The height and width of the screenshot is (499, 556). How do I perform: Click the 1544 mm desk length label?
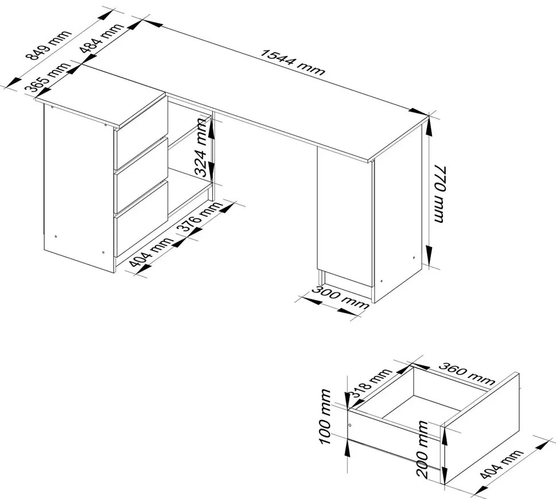[293, 63]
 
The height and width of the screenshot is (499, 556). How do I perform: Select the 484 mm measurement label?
[102, 38]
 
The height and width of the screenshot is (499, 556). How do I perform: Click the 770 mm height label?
[439, 193]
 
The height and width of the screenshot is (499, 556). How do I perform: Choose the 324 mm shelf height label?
[201, 147]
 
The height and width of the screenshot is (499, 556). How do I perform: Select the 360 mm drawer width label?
[466, 373]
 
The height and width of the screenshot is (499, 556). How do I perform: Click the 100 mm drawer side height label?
[325, 417]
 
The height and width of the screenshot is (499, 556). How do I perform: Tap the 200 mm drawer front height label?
[423, 449]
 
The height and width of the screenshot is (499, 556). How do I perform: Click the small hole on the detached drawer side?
[350, 424]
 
